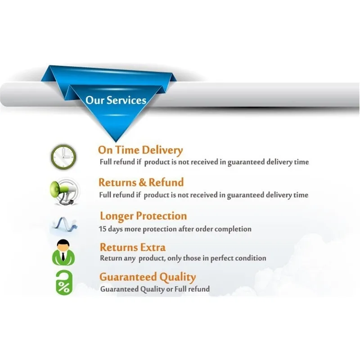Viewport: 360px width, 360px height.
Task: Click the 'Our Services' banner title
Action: pos(116,100)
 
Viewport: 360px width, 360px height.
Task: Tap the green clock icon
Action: pos(63,157)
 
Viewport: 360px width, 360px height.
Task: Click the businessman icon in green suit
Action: pos(63,252)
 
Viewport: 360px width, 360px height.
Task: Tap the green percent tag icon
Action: pos(64,283)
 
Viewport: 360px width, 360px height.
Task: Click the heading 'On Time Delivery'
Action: pos(140,150)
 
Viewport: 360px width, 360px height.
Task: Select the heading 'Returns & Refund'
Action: pos(141,183)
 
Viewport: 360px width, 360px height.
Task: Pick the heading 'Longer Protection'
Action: pos(144,216)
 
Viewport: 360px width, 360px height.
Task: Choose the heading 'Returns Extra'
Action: pos(133,247)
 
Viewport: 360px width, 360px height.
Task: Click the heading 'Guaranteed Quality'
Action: pos(148,278)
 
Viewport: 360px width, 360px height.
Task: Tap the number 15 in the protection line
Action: pos(103,229)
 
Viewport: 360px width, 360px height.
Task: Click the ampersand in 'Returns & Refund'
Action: pos(142,183)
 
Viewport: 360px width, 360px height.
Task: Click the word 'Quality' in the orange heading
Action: pos(177,278)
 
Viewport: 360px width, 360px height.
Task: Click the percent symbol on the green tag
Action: pos(64,287)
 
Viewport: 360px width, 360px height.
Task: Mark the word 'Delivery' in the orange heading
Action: pos(162,150)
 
